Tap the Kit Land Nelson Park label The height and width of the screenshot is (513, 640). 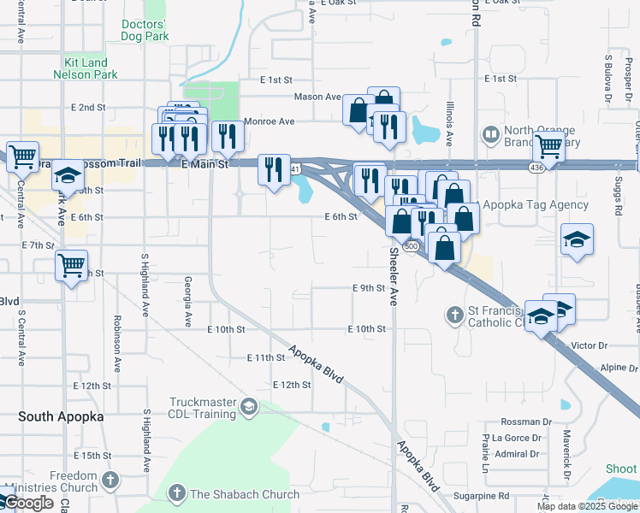91,68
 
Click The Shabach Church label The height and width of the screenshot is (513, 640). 244,494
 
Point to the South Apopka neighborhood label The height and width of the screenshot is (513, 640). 61,416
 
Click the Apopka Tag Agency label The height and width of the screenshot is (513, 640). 536,204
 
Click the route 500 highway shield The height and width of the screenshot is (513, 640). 411,246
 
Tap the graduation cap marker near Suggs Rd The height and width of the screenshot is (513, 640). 578,240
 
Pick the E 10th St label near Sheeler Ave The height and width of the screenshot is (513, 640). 368,329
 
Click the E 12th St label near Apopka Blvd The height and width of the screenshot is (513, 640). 290,385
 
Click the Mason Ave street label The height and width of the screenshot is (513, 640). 317,97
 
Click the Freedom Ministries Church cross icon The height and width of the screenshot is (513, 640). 109,481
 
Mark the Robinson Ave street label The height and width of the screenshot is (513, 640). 116,346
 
